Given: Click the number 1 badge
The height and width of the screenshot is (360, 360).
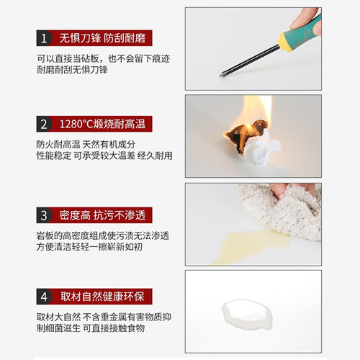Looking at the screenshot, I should point(45,38).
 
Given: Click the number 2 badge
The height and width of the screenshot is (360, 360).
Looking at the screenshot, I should point(45,123).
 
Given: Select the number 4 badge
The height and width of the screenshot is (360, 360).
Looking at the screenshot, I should point(45,297).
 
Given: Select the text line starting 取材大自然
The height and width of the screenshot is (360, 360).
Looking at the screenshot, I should point(104,317).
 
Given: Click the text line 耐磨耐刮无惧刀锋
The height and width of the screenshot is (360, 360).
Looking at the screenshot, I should point(73,71).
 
